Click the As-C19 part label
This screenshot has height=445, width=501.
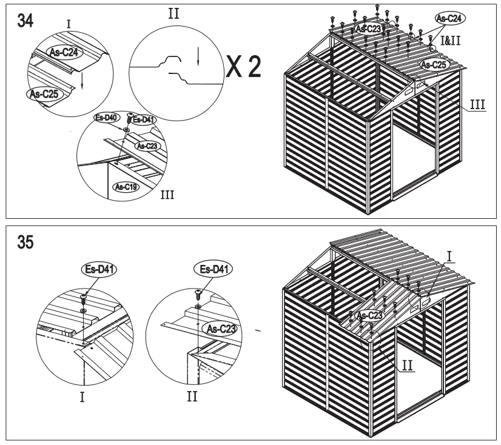pyautogui.click(x=127, y=187)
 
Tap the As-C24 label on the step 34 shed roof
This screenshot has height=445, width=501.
pyautogui.click(x=449, y=20)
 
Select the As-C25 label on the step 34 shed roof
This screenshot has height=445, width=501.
pyautogui.click(x=435, y=64)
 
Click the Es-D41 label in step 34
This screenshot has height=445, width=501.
pyautogui.click(x=143, y=119)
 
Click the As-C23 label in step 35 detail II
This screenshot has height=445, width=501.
pyautogui.click(x=221, y=328)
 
